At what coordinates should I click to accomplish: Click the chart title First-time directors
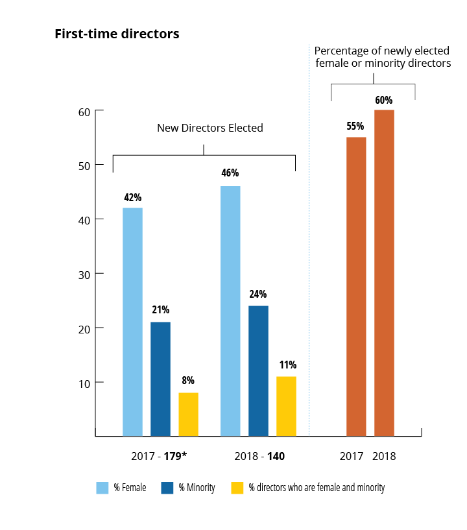coord(117,34)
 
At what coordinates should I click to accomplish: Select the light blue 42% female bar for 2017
coord(132,321)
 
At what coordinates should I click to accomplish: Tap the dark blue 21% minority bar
coord(160,379)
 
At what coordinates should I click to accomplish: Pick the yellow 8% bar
coord(188,414)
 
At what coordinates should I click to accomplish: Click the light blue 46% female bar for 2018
coord(230,311)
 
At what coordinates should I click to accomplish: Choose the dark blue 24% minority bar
coord(258,370)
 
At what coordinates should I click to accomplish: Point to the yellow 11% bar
coord(286,406)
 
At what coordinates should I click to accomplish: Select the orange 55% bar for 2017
coord(356,286)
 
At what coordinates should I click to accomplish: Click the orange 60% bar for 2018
coord(384,272)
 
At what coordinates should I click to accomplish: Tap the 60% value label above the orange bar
coord(383,100)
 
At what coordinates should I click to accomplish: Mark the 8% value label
coord(188,381)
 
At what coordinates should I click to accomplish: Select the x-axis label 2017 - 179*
coord(160,456)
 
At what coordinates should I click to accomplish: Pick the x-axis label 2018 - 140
coord(258,456)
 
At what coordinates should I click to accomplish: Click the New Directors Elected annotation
coord(210,128)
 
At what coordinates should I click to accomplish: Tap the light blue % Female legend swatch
coord(102,487)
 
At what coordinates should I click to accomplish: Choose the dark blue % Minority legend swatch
coord(167,487)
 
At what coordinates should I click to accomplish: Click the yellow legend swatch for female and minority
coord(237,487)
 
